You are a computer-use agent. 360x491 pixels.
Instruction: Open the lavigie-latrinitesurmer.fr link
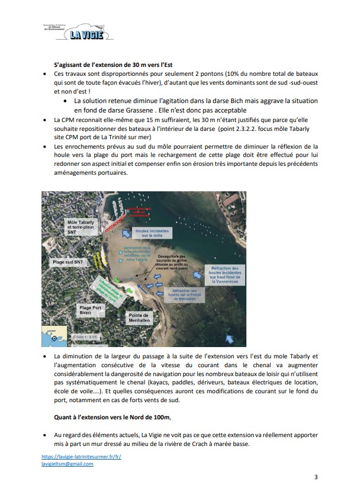point(81,457)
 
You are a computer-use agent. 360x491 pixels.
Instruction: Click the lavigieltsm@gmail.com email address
point(68,464)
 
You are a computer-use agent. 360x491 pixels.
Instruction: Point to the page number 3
point(316,477)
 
